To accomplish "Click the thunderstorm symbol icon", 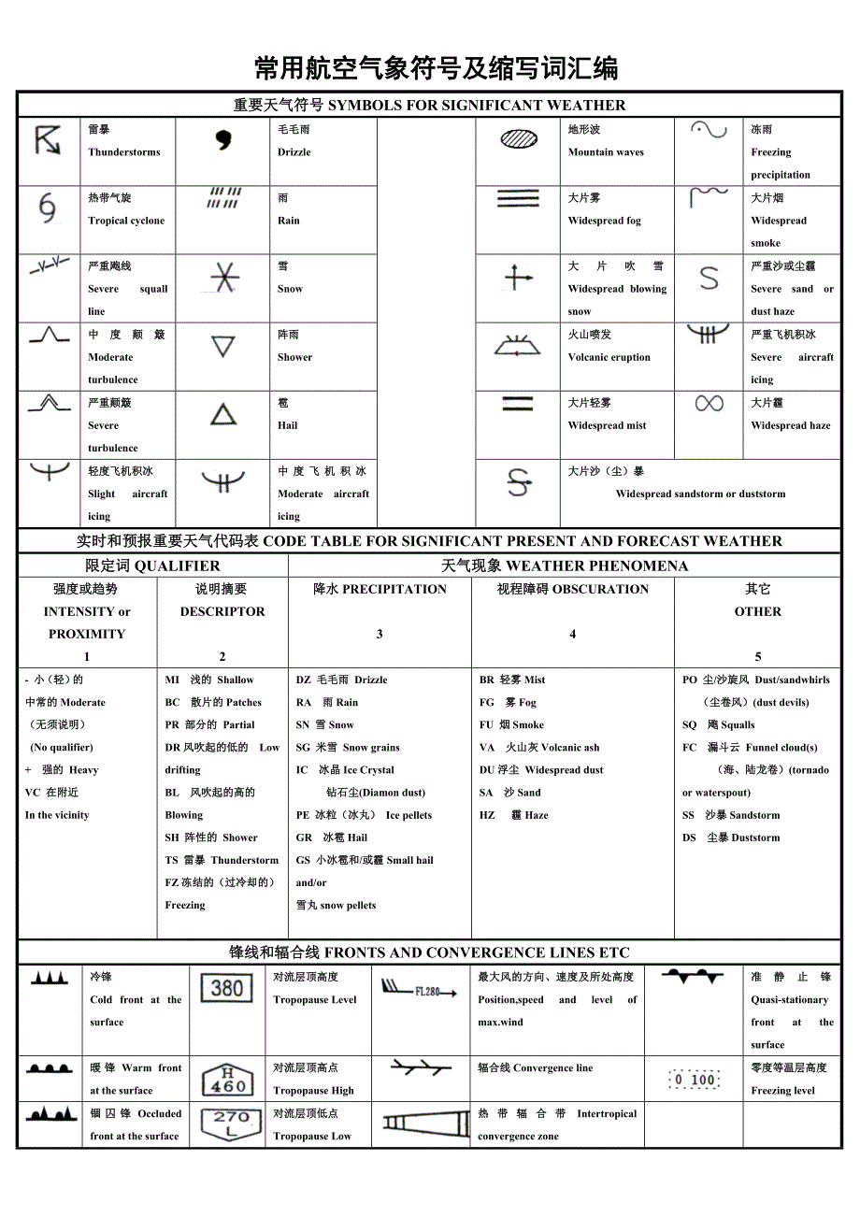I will (48, 140).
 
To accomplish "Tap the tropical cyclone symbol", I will (48, 208).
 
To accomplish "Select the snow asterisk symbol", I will (223, 278).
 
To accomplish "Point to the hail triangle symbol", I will (222, 414).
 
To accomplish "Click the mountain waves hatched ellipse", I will (519, 140).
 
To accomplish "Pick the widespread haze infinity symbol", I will (709, 403).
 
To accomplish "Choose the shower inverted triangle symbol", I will (222, 347).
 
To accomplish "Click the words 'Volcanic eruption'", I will (609, 357).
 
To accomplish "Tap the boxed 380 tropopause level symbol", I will (227, 989).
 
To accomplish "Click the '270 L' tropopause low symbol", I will (230, 1124).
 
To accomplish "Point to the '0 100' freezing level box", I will (694, 1080).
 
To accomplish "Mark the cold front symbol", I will (50, 978).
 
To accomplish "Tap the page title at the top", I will (436, 68).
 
